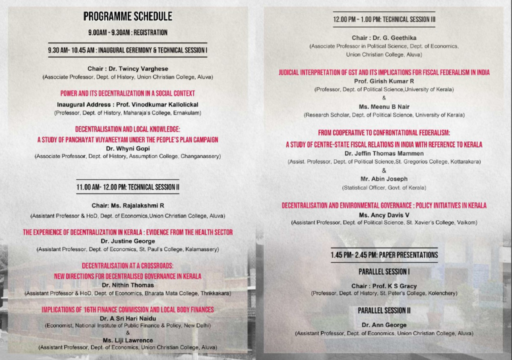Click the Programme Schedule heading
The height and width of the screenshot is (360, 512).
[127, 17]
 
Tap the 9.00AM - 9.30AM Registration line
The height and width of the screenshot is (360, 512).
[127, 32]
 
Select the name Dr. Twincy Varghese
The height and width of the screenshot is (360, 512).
[127, 68]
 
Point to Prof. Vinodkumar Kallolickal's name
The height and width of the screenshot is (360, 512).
[127, 104]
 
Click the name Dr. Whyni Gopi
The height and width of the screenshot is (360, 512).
[127, 148]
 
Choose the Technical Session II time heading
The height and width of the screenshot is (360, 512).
[127, 187]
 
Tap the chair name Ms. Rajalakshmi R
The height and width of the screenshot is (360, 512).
[127, 205]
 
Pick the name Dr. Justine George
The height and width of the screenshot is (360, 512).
[127, 241]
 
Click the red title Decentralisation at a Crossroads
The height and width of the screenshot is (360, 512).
[127, 266]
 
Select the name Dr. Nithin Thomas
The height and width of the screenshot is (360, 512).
[127, 284]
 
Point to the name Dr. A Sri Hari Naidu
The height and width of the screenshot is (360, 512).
[127, 318]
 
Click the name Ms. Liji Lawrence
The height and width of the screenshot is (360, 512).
[127, 339]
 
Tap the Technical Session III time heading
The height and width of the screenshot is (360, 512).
[384, 19]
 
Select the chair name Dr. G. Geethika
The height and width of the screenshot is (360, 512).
[384, 38]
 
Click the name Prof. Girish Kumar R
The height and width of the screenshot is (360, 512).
[384, 81]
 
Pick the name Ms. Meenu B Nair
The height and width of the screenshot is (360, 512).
[384, 106]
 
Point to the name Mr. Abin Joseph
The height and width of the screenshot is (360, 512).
[384, 179]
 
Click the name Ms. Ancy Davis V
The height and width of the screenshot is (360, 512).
[384, 214]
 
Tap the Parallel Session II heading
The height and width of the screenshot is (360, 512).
[384, 310]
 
